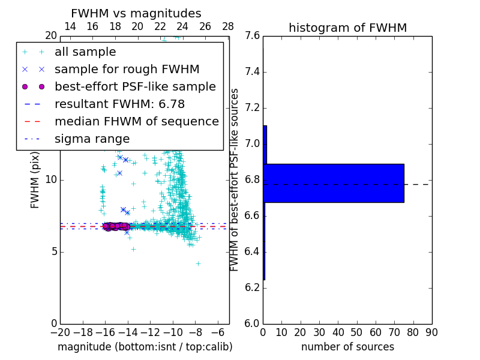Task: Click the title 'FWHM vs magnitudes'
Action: coord(136,13)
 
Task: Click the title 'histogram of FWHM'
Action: coord(347,28)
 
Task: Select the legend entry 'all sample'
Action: coord(85,52)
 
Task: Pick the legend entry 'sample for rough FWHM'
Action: coord(127,70)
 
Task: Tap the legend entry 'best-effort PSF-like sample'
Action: coord(135,87)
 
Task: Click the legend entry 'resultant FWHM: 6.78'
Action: coord(119,104)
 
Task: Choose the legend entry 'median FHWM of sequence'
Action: coord(136,122)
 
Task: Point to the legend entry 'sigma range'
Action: coord(92,139)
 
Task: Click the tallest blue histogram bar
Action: coord(334,183)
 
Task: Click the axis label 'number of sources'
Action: coord(347,347)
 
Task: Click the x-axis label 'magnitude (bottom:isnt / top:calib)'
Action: coord(145,347)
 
